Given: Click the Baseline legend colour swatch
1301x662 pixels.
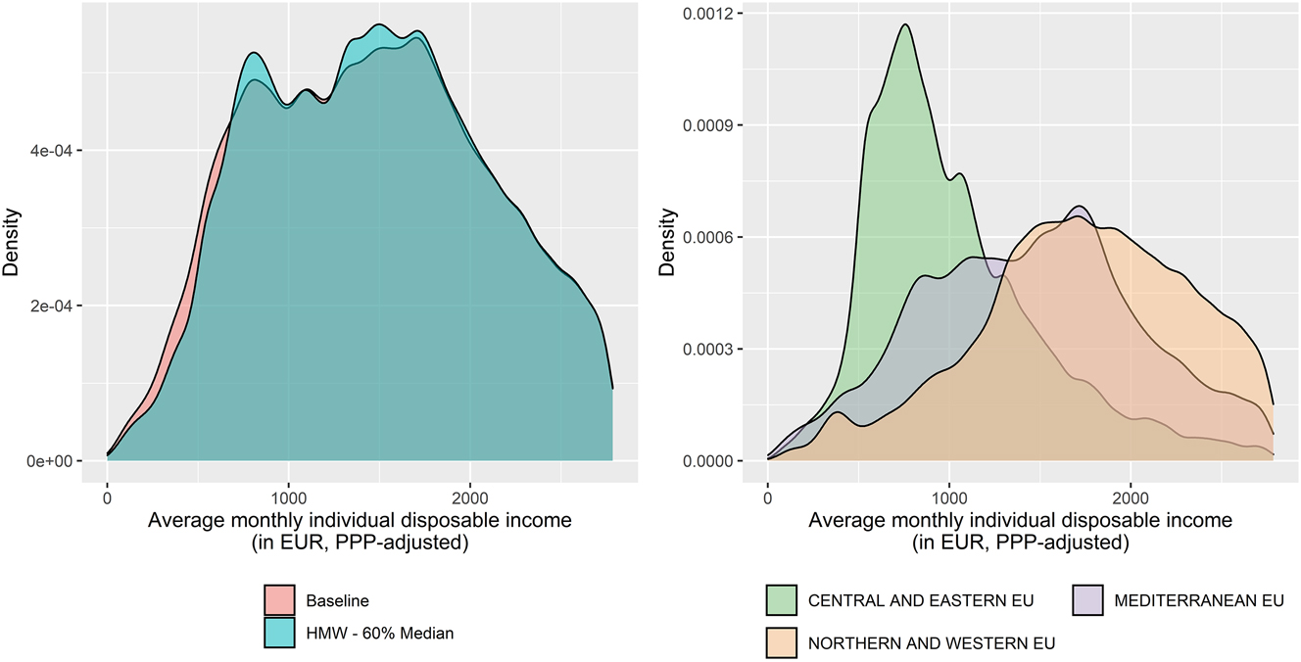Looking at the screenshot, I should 279,600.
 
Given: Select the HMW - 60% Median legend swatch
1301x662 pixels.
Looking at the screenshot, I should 279,634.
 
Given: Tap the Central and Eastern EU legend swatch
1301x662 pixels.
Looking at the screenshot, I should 780,600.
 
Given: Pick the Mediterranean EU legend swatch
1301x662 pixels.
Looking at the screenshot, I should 1087,600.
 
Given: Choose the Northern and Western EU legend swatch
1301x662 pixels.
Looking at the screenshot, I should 780,643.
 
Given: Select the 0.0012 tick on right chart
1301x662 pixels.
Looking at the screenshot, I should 716,14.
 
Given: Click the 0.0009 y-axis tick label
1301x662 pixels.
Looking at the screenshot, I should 716,125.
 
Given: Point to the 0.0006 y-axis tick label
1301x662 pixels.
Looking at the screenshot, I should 716,237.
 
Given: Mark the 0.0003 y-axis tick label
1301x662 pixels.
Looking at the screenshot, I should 716,349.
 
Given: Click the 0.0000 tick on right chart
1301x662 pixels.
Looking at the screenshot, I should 716,460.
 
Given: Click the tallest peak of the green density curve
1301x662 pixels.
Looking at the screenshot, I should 905,24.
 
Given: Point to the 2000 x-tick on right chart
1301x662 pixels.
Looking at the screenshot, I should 1130,488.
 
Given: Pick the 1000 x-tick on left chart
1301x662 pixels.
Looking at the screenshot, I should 288,488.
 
